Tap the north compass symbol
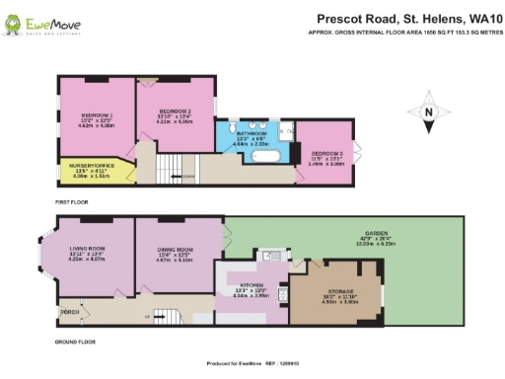428,112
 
